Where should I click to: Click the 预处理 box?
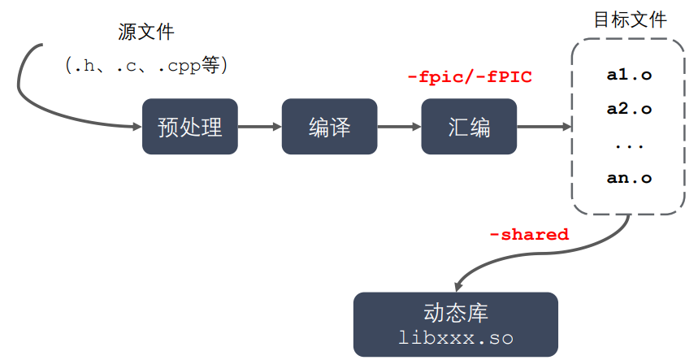pyautogui.click(x=190, y=127)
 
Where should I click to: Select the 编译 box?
pyautogui.click(x=329, y=127)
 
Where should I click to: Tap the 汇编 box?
pyautogui.click(x=469, y=127)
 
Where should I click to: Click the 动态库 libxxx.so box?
pyautogui.click(x=456, y=324)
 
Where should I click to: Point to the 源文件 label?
pyautogui.click(x=146, y=33)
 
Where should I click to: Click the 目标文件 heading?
pyautogui.click(x=630, y=20)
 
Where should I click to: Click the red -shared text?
pyautogui.click(x=528, y=235)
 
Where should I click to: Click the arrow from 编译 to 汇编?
pyautogui.click(x=399, y=127)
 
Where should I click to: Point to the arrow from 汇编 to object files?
pyautogui.click(x=544, y=127)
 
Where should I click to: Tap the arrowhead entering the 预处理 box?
pyautogui.click(x=137, y=127)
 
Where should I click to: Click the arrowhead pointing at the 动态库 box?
pyautogui.click(x=459, y=285)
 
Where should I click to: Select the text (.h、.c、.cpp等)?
pyautogui.click(x=146, y=66)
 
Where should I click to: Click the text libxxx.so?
pyautogui.click(x=456, y=337)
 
